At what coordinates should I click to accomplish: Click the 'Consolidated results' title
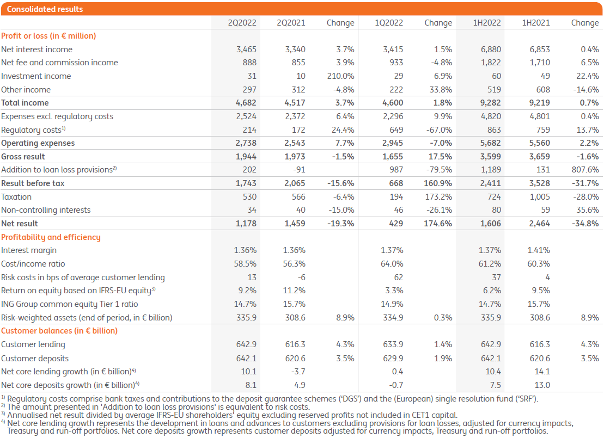(37, 9)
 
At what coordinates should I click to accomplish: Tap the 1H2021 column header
(536, 23)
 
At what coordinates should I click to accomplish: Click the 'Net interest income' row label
(36, 49)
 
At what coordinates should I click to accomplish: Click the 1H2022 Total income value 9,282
(490, 103)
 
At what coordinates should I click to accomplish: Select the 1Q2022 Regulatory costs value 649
(396, 130)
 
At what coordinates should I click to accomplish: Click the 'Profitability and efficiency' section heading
(51, 237)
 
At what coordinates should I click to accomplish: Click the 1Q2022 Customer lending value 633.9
(393, 344)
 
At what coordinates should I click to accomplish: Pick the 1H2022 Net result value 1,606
(490, 224)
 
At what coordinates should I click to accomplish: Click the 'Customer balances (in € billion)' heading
(59, 331)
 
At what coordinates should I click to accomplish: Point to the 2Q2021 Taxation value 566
(298, 197)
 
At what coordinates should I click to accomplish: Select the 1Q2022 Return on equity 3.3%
(394, 291)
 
